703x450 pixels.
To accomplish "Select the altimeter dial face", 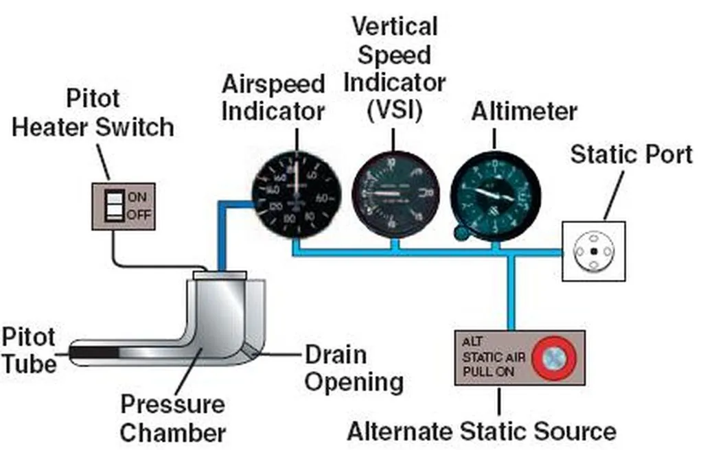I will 495,196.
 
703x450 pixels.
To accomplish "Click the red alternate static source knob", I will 555,357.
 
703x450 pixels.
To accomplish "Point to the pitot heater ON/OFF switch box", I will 124,205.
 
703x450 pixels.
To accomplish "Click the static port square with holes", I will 594,251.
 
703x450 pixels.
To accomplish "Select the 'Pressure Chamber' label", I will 172,418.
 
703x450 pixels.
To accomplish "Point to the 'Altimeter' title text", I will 524,112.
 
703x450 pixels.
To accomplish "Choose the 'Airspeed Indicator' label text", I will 273,98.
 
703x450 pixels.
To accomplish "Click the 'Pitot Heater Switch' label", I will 93,113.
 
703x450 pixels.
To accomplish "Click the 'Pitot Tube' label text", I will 28,350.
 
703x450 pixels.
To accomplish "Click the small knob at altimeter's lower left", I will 462,235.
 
